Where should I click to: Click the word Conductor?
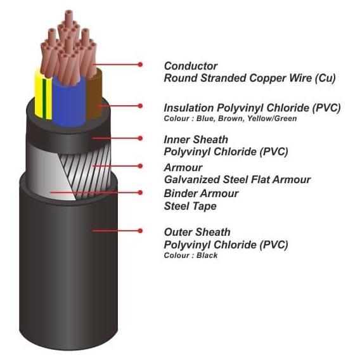(x=191, y=66)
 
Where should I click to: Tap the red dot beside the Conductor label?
(x=140, y=65)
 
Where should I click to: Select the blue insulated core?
(x=69, y=101)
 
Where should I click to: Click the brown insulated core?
(x=94, y=94)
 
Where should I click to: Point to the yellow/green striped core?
(x=43, y=94)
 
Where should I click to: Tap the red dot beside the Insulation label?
(x=140, y=106)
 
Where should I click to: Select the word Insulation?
(x=189, y=108)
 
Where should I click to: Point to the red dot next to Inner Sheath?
(x=140, y=138)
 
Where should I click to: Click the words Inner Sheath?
(x=196, y=139)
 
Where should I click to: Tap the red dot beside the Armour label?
(x=140, y=166)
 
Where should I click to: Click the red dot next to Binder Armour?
(x=140, y=193)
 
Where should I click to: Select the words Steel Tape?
(x=190, y=206)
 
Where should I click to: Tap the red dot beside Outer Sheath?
(x=140, y=231)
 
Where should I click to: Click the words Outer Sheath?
(x=197, y=232)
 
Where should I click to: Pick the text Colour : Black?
(x=191, y=255)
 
